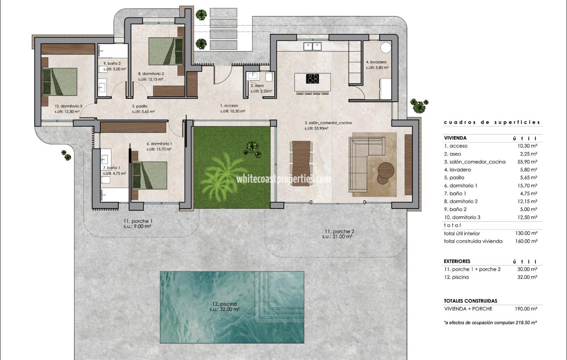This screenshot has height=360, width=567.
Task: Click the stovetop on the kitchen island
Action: pos(313,79)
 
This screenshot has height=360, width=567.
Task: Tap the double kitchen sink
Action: pos(313,47)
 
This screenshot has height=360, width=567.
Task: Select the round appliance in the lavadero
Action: pos(386,48)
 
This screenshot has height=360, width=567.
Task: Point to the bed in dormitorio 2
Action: pos(166,51)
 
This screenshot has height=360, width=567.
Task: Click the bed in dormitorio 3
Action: pos(60,82)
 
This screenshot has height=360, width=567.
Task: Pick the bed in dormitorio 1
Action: pos(150,176)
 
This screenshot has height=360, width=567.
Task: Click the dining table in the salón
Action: pos(301,163)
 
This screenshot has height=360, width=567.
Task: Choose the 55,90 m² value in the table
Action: pos(527,162)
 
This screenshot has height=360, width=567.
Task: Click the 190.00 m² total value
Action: pos(526,309)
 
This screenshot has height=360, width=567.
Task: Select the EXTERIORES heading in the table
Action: pos(457,261)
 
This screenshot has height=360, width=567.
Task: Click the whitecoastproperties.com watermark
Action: pos(283,179)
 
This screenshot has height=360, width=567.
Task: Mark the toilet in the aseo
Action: pos(269,76)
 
